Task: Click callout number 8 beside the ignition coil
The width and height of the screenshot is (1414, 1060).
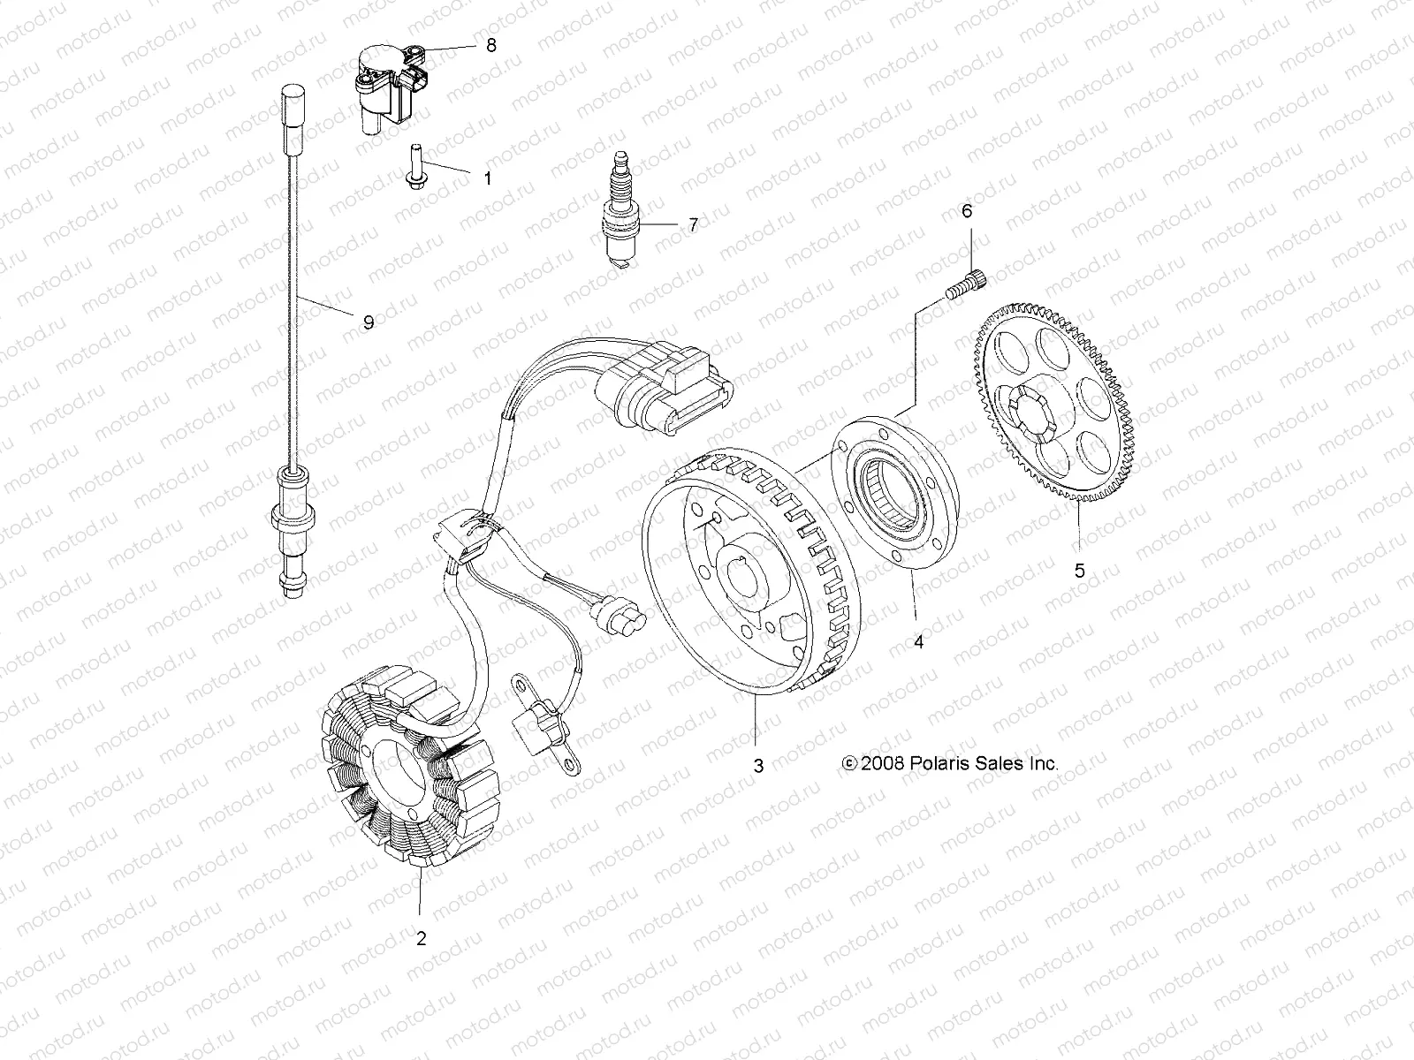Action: (491, 45)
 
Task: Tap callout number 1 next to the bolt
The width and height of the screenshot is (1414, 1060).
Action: (486, 178)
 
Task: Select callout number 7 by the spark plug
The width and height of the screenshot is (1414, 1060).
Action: (693, 225)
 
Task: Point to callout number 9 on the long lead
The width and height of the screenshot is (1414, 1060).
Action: (369, 322)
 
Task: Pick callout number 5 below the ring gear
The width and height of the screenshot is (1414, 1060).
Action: (1079, 570)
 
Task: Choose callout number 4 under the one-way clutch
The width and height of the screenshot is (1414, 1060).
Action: (918, 642)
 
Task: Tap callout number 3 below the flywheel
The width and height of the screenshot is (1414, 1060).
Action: (757, 766)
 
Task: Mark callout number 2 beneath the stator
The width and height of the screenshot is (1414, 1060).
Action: (421, 938)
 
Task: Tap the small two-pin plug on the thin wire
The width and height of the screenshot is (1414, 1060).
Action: (618, 612)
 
